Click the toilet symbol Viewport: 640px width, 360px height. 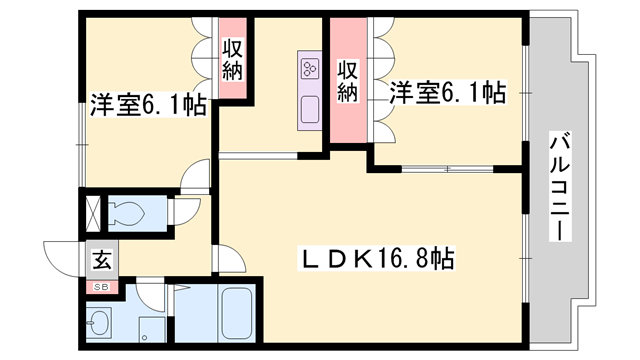coord(125,212)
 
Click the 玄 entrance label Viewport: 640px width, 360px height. coord(102,262)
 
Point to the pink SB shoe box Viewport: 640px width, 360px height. coord(101,287)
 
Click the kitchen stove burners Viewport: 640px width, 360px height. coord(309,69)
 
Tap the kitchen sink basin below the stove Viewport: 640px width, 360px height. coord(309,107)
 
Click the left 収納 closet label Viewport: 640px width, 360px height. coord(233,59)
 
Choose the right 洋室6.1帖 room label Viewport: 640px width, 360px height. coord(447,92)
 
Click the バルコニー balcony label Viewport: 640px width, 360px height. coord(559,189)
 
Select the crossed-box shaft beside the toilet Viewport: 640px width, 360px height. coord(92,212)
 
